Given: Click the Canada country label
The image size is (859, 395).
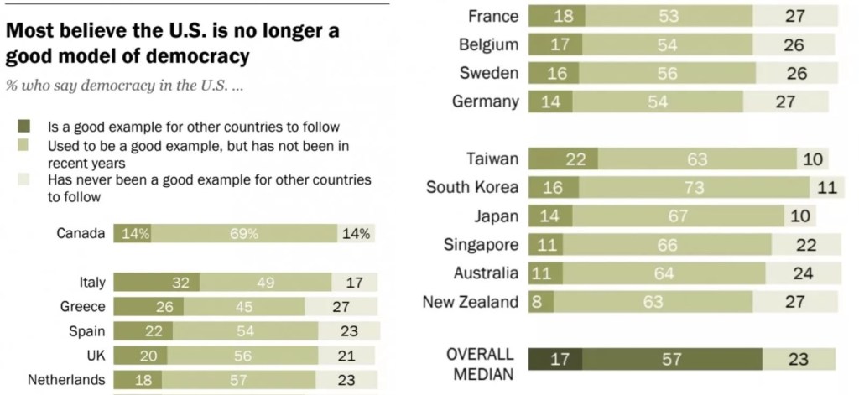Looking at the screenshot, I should (x=81, y=234).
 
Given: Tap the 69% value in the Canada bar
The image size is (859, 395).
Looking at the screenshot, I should (x=243, y=234).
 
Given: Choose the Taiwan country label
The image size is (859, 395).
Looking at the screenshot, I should (x=492, y=159).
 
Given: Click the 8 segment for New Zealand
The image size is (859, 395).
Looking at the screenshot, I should (x=536, y=302).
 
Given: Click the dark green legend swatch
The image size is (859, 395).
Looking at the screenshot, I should (x=23, y=127).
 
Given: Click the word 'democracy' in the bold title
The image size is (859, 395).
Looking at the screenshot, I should (x=198, y=56).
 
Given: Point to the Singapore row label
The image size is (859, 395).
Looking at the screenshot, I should (x=481, y=244).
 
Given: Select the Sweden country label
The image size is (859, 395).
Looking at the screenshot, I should (x=489, y=73).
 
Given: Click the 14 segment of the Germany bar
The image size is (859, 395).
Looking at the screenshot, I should (x=553, y=101).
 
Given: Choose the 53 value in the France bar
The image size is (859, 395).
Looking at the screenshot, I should (x=668, y=16).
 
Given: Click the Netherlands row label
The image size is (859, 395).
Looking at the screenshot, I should (x=66, y=379).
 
